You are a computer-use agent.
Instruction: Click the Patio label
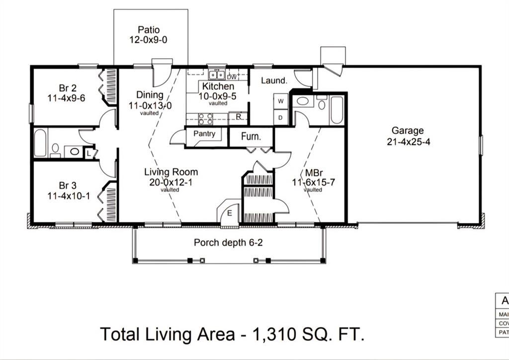[x=149, y=30]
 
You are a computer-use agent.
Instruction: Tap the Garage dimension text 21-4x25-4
[x=408, y=141]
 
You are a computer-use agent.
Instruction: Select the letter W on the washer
[x=280, y=101]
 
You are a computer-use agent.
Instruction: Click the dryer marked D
[x=280, y=117]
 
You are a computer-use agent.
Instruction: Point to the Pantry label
[x=204, y=134]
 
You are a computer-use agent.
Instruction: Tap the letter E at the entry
[x=230, y=213]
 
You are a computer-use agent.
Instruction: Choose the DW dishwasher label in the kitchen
[x=232, y=77]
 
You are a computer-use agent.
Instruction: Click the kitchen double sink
[x=216, y=76]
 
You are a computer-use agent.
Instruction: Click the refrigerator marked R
[x=239, y=117]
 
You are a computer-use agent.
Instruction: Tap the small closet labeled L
[x=89, y=153]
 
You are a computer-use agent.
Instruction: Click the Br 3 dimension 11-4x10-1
[x=69, y=195]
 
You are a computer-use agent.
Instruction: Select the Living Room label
[x=171, y=172]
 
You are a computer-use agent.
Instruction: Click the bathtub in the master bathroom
[x=337, y=110]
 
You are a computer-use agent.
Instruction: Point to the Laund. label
[x=274, y=80]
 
